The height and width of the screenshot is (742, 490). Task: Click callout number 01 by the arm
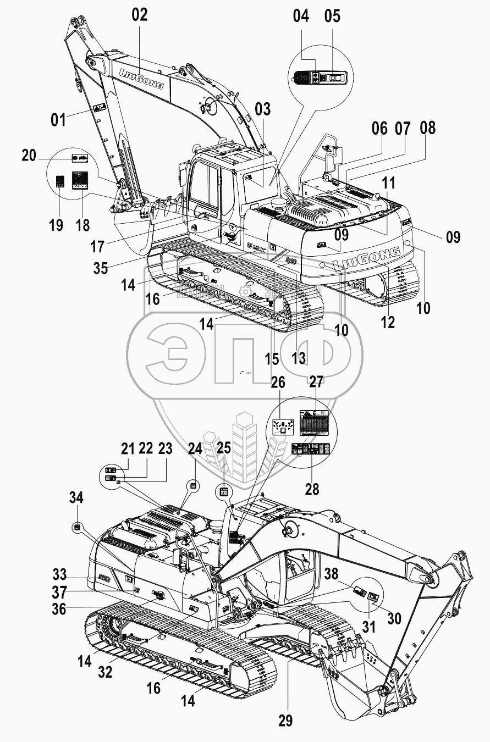[x=58, y=119]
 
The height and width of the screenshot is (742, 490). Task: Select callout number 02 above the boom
[x=140, y=15]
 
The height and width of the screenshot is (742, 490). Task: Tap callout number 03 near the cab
[x=263, y=109]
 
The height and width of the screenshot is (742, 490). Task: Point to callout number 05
[x=332, y=15]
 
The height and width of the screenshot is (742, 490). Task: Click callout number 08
[x=427, y=128]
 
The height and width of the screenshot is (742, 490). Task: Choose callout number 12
[x=388, y=322]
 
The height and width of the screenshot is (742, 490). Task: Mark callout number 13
[x=299, y=358]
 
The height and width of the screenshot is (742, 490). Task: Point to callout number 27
[x=316, y=383]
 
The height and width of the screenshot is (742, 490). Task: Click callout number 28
[x=312, y=488]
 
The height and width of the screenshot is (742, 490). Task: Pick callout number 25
[x=223, y=448]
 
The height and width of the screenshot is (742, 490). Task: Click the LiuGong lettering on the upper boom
[x=141, y=79]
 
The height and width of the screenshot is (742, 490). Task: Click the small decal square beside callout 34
[x=77, y=527]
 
